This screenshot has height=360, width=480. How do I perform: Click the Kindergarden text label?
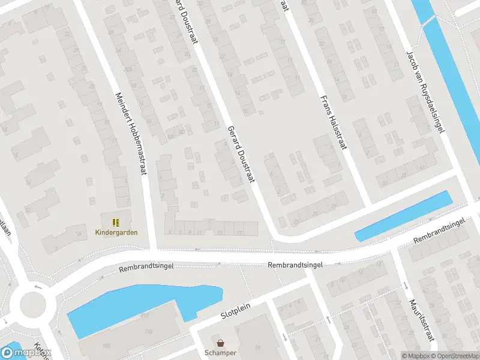(x=116, y=233)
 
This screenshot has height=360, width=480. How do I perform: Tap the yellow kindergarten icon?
(x=116, y=222)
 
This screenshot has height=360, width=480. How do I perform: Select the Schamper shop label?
(x=220, y=353)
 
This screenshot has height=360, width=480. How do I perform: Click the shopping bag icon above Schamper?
(x=221, y=343)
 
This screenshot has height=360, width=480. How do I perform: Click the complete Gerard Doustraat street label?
(x=242, y=154)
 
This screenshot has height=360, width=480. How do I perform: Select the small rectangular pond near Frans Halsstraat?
(x=403, y=216)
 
